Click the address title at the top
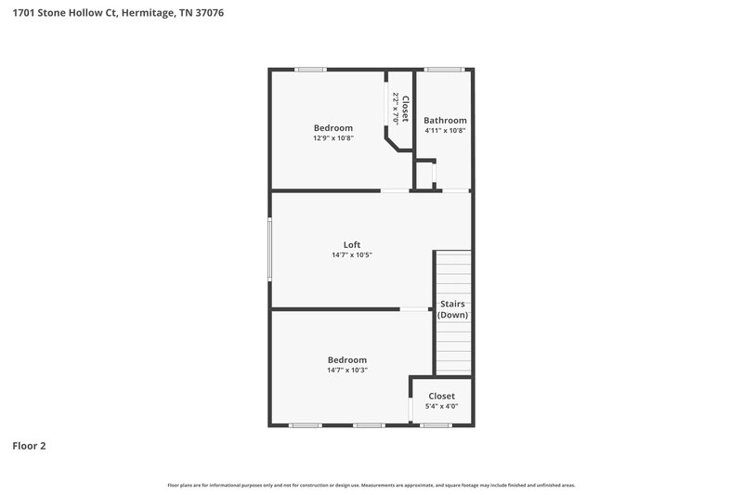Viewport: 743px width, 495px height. pos(118,14)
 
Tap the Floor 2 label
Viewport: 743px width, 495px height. pos(29,446)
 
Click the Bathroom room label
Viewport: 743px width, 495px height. pos(445,121)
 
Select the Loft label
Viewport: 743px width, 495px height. pos(352,245)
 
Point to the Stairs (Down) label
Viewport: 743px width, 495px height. pos(452,309)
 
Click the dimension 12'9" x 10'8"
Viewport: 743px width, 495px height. pos(332,138)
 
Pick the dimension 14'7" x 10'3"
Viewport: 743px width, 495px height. pos(347,371)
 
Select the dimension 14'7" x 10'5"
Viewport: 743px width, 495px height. pos(352,255)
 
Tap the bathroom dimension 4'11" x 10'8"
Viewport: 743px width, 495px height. pos(445,131)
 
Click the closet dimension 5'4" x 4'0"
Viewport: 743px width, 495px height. pos(441,406)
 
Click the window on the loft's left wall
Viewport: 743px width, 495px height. pos(270,248)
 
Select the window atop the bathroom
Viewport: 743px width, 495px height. pos(444,69)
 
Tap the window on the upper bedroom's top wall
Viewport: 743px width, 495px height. pos(311,69)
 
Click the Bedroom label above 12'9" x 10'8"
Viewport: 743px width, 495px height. pos(332,128)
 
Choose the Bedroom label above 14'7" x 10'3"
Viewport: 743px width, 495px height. pos(347,360)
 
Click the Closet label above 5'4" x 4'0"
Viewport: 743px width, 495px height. pos(441,396)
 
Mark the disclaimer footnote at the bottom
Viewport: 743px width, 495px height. pos(371,485)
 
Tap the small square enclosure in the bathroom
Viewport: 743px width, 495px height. pos(424,175)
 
